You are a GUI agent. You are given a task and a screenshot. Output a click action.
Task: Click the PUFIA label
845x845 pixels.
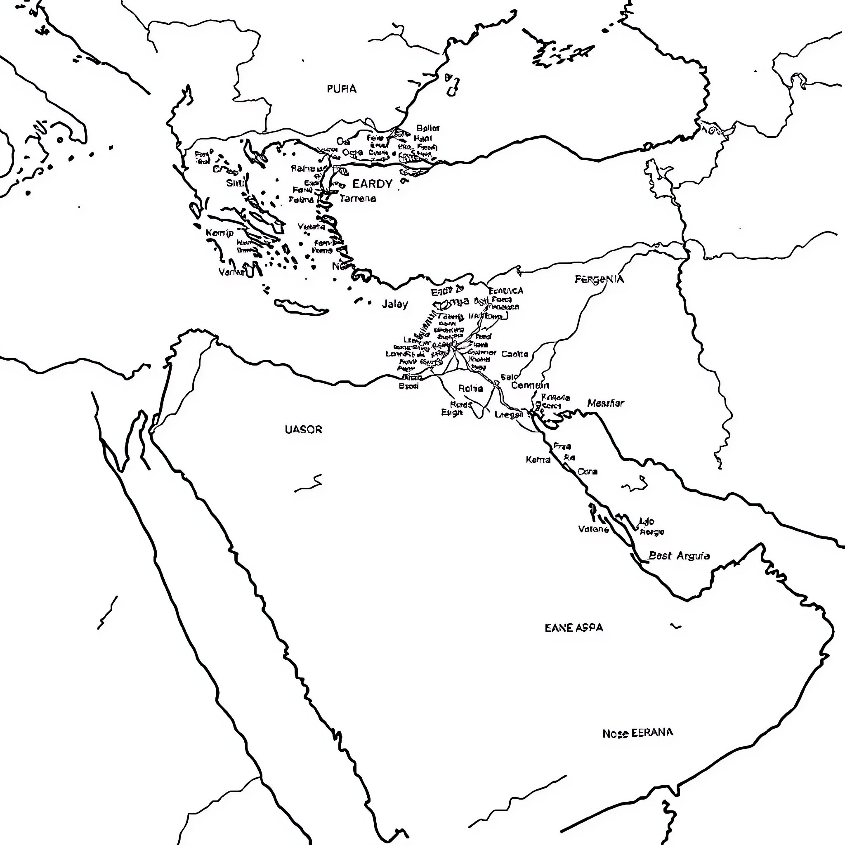(342, 89)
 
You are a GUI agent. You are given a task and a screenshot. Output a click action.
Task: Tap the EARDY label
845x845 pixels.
(372, 184)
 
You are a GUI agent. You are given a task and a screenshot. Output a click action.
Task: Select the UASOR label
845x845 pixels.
(303, 430)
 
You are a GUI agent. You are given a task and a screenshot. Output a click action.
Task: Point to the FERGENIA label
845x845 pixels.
(599, 279)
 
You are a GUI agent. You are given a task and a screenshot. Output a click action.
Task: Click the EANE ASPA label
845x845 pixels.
(574, 628)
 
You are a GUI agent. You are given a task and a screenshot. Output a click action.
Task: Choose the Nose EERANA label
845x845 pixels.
(638, 733)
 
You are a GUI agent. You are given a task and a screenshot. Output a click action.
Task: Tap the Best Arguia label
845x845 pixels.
(679, 556)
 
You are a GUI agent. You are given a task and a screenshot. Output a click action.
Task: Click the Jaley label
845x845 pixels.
(394, 304)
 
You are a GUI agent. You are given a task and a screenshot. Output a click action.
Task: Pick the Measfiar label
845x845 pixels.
(606, 403)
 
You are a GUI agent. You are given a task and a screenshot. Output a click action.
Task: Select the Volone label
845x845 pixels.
(593, 529)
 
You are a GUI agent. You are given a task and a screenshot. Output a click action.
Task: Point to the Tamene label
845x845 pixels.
(358, 198)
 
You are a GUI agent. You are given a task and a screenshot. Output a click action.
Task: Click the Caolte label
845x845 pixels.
(515, 354)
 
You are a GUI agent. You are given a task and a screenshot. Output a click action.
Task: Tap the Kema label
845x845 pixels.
(538, 460)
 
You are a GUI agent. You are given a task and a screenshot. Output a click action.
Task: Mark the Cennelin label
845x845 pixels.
(530, 385)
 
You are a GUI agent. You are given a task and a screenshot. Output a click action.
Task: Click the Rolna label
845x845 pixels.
(471, 388)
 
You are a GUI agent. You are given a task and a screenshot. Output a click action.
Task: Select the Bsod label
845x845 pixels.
(408, 386)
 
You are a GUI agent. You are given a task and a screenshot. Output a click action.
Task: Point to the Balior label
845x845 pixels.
(428, 128)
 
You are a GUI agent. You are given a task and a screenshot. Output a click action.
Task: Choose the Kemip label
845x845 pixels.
(220, 233)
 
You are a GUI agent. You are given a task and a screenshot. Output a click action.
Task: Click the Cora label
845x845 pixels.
(588, 472)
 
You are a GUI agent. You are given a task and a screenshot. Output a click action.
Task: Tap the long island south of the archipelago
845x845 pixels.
(302, 308)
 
